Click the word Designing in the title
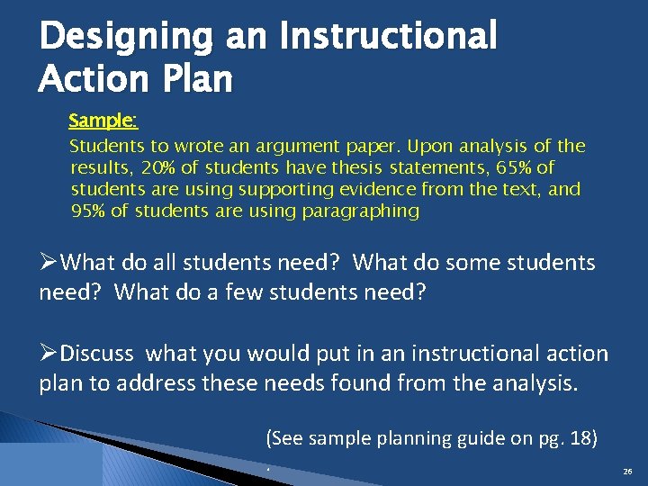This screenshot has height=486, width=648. (x=126, y=38)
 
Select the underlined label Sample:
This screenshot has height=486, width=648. (x=103, y=121)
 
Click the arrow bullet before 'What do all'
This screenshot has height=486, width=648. (x=50, y=263)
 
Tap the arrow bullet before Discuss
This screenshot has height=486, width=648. (x=50, y=354)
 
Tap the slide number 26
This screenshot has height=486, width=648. (x=626, y=472)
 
